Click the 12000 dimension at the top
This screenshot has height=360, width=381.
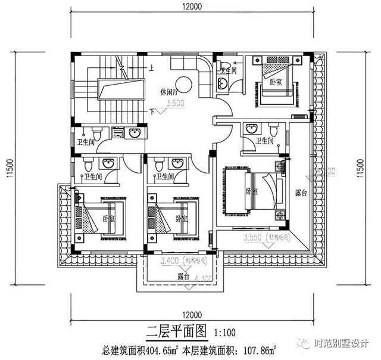pyautogui.click(x=190, y=8)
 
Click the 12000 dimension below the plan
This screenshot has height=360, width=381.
pyautogui.click(x=190, y=314)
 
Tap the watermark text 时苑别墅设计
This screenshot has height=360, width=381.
pyautogui.click(x=343, y=344)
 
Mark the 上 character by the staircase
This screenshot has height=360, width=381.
pyautogui.click(x=152, y=68)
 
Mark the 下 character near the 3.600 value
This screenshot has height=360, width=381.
pyautogui.click(x=153, y=111)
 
